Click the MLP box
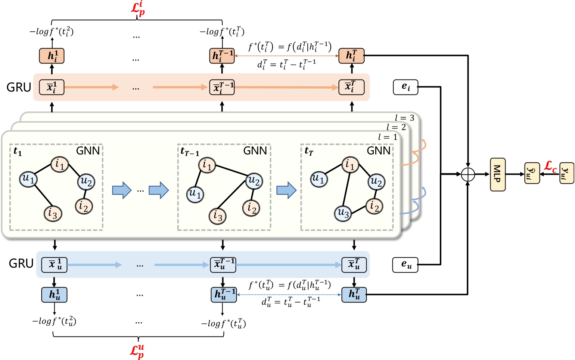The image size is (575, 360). pyautogui.click(x=497, y=174)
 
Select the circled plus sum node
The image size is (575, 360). pyautogui.click(x=467, y=174)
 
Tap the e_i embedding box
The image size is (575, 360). pyautogui.click(x=405, y=87)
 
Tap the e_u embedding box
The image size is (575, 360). pyautogui.click(x=405, y=265)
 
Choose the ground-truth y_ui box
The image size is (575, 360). pyautogui.click(x=566, y=173)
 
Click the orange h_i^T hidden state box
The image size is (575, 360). pyautogui.click(x=351, y=56)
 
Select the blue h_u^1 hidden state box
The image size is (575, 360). pyautogui.click(x=54, y=295)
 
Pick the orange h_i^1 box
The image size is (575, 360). pyautogui.click(x=52, y=56)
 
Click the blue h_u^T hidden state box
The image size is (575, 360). pyautogui.click(x=354, y=295)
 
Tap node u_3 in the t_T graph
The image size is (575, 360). pyautogui.click(x=343, y=213)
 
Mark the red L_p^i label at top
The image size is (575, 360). pyautogui.click(x=138, y=9)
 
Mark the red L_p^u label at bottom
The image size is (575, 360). pyautogui.click(x=137, y=351)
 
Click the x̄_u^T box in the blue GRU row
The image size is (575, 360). pyautogui.click(x=354, y=265)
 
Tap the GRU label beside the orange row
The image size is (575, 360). pyautogui.click(x=19, y=87)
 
